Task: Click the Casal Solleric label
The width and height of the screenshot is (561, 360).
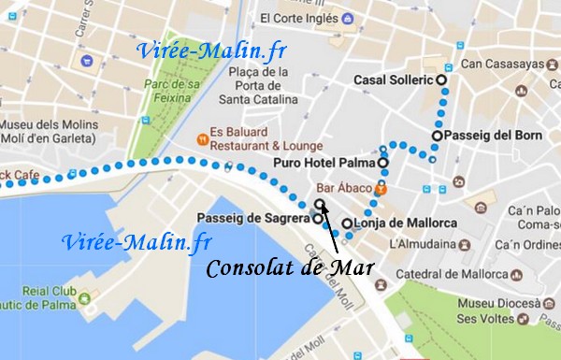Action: point(394,80)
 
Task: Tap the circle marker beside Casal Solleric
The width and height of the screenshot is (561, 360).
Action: point(441,80)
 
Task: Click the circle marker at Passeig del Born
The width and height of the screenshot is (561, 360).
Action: point(437,136)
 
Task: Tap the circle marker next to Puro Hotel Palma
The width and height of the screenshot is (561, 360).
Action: point(382,163)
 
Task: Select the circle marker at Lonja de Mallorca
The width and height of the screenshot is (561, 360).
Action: point(347,223)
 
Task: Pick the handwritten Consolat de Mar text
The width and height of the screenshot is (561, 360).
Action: point(290,268)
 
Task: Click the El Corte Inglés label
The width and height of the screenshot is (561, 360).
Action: point(300,17)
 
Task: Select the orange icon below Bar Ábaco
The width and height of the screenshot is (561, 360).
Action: point(381,190)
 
